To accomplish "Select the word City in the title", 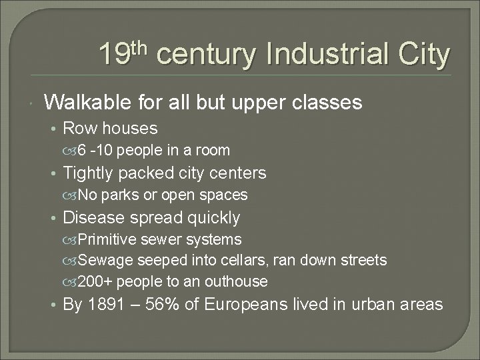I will pos(425,55).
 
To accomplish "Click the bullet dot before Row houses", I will pos(54,129).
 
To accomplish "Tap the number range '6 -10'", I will pos(97,151).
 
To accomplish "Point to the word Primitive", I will pos(106,239).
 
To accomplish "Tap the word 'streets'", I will pos(363,260).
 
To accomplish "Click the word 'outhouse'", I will pos(238,281).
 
